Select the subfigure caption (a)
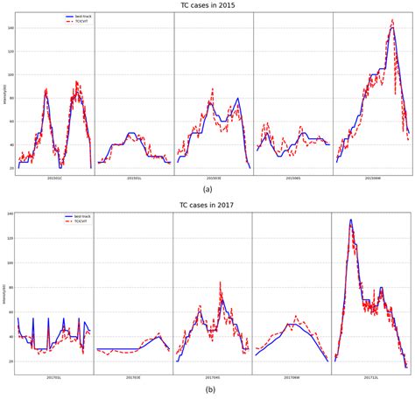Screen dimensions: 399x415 (x=207, y=189)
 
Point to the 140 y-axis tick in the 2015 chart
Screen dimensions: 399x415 (x=11, y=28)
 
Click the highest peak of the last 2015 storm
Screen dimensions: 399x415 (x=391, y=20)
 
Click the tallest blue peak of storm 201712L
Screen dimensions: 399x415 (x=351, y=220)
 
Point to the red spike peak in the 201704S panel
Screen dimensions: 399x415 (x=220, y=282)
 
